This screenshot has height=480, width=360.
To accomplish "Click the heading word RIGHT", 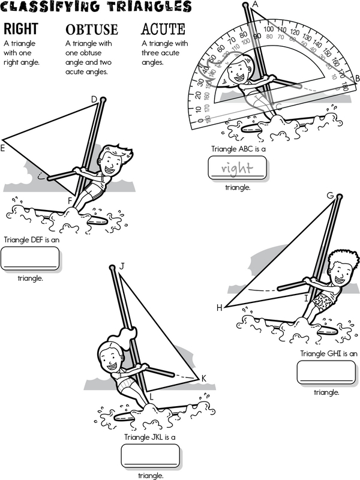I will pos(21,29).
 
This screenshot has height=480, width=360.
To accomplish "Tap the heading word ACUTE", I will pos(163,29).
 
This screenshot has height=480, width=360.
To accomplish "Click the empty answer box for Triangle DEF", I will pos(31,258).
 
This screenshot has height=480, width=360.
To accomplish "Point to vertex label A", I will pos(255,5).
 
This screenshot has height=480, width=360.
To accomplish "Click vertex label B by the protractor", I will pos(356,78).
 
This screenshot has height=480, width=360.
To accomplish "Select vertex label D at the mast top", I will pos(94,99).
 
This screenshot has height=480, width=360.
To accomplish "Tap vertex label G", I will pos(330,196).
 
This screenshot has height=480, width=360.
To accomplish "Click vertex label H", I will pos(220,308).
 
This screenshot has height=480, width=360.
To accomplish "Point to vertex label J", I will pos(122,266).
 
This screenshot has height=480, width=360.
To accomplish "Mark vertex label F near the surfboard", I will pos(70,200).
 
